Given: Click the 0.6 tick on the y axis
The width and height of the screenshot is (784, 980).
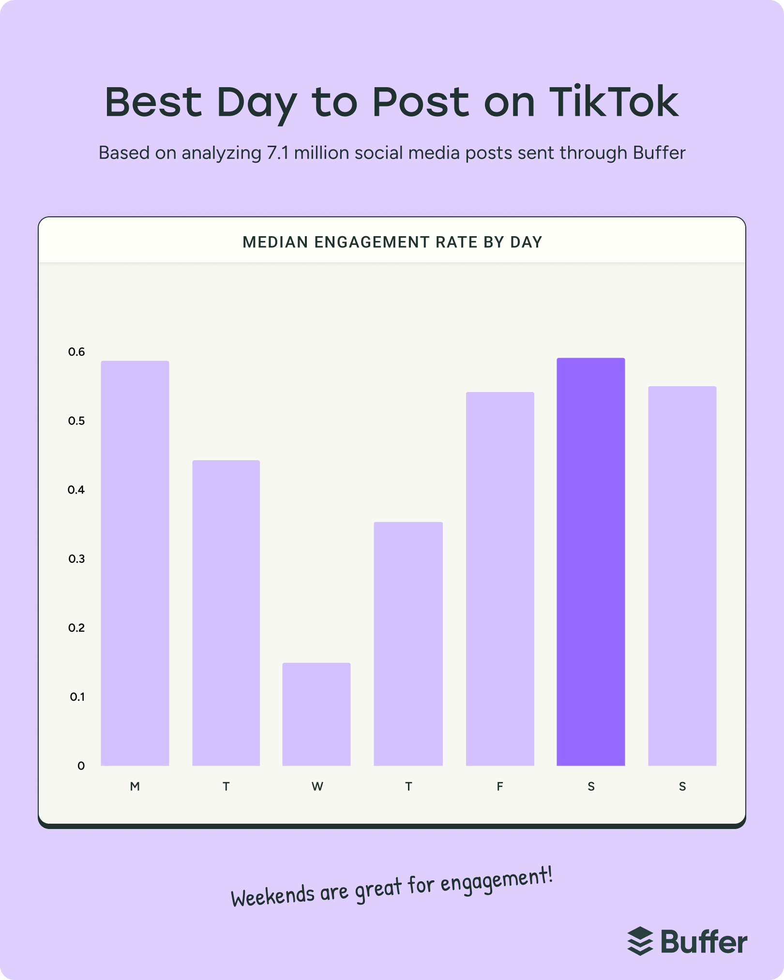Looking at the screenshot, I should coord(76,352).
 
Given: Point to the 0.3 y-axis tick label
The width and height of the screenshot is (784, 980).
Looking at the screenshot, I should coord(76,559).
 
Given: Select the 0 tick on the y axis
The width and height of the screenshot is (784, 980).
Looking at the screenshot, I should coord(81,766).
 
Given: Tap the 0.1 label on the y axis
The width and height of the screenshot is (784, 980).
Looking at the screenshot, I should coord(77,697).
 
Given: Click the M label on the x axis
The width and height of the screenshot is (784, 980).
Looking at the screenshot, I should coord(135,786).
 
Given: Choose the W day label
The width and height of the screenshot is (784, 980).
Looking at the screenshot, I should coord(317,786).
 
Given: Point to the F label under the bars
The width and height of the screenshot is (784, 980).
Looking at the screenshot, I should coord(500,786).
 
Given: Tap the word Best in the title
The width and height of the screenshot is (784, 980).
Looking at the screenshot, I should coord(153,102).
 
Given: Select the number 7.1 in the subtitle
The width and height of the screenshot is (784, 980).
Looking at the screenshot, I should coord(278,153).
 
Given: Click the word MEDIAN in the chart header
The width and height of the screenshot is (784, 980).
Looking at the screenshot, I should coord(275,242).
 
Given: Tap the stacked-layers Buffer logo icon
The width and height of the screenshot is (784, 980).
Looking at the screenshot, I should coord(640,941).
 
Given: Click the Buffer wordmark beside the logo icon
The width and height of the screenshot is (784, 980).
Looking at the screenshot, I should coord(704,942).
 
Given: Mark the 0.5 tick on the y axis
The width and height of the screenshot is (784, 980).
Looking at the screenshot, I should coord(76,421).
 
